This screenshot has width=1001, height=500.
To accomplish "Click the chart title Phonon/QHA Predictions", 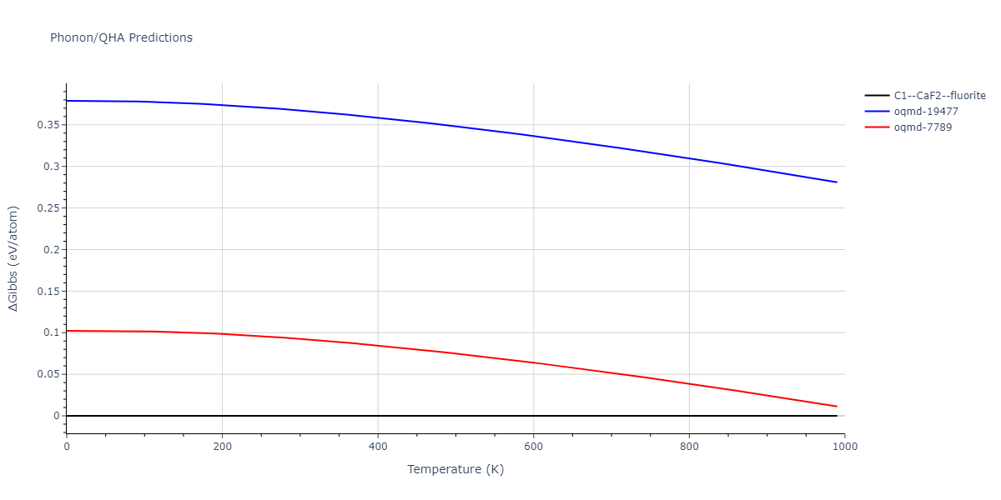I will point(121,37).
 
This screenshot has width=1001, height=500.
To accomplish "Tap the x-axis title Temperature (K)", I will point(455,470).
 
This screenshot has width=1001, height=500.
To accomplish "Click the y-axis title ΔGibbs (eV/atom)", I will point(14,258).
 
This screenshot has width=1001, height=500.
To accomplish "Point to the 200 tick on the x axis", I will point(222,446).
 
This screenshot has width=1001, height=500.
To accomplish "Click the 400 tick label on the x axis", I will point(378,446).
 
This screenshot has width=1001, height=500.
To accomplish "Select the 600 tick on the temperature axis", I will point(533,446).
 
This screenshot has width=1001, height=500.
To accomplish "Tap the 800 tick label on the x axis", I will point(689,446).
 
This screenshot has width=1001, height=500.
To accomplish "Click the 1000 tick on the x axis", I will point(844,446).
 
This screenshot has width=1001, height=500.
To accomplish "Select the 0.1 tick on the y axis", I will point(52,332).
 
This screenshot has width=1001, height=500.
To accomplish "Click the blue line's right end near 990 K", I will point(837,182).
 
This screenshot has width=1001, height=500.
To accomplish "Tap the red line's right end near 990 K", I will point(837,407).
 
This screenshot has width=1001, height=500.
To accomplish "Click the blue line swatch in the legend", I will point(876,112).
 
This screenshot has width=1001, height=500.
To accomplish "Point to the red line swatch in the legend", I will point(876,127).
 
